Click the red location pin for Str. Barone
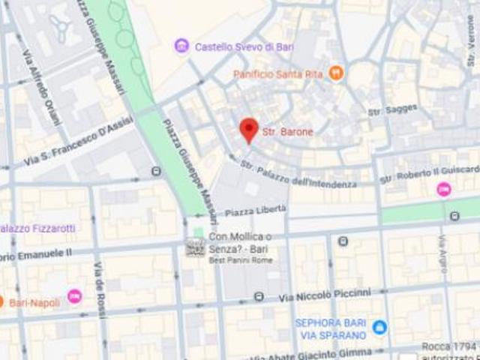[249, 130]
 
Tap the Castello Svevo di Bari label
[244, 46]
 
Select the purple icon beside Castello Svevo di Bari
[181, 46]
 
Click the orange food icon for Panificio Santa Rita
[336, 73]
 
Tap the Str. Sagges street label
[392, 109]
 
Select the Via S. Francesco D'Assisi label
[78, 141]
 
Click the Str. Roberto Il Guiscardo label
[429, 175]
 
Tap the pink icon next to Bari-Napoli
[74, 296]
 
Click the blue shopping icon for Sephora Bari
[380, 328]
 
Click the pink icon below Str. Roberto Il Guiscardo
[444, 189]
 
